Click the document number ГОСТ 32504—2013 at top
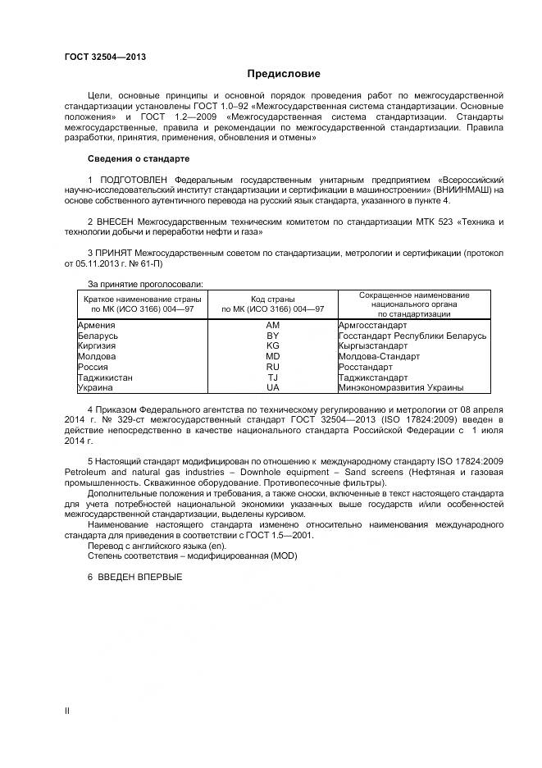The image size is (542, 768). [106, 57]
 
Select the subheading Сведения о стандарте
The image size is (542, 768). [139, 158]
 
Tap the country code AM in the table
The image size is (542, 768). [273, 325]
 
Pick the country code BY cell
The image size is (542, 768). [273, 336]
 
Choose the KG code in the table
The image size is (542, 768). [273, 346]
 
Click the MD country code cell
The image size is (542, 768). [273, 356]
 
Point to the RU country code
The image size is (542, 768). [273, 367]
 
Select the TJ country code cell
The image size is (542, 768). [273, 377]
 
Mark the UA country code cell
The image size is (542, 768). [273, 387]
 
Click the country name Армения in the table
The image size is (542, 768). [96, 325]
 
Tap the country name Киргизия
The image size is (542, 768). [97, 346]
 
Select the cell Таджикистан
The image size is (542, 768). [105, 377]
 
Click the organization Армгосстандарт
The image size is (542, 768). [372, 325]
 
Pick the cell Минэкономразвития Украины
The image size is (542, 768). [401, 387]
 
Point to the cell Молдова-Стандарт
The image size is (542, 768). [379, 356]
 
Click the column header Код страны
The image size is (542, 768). [273, 299]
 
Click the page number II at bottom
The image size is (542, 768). [67, 711]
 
